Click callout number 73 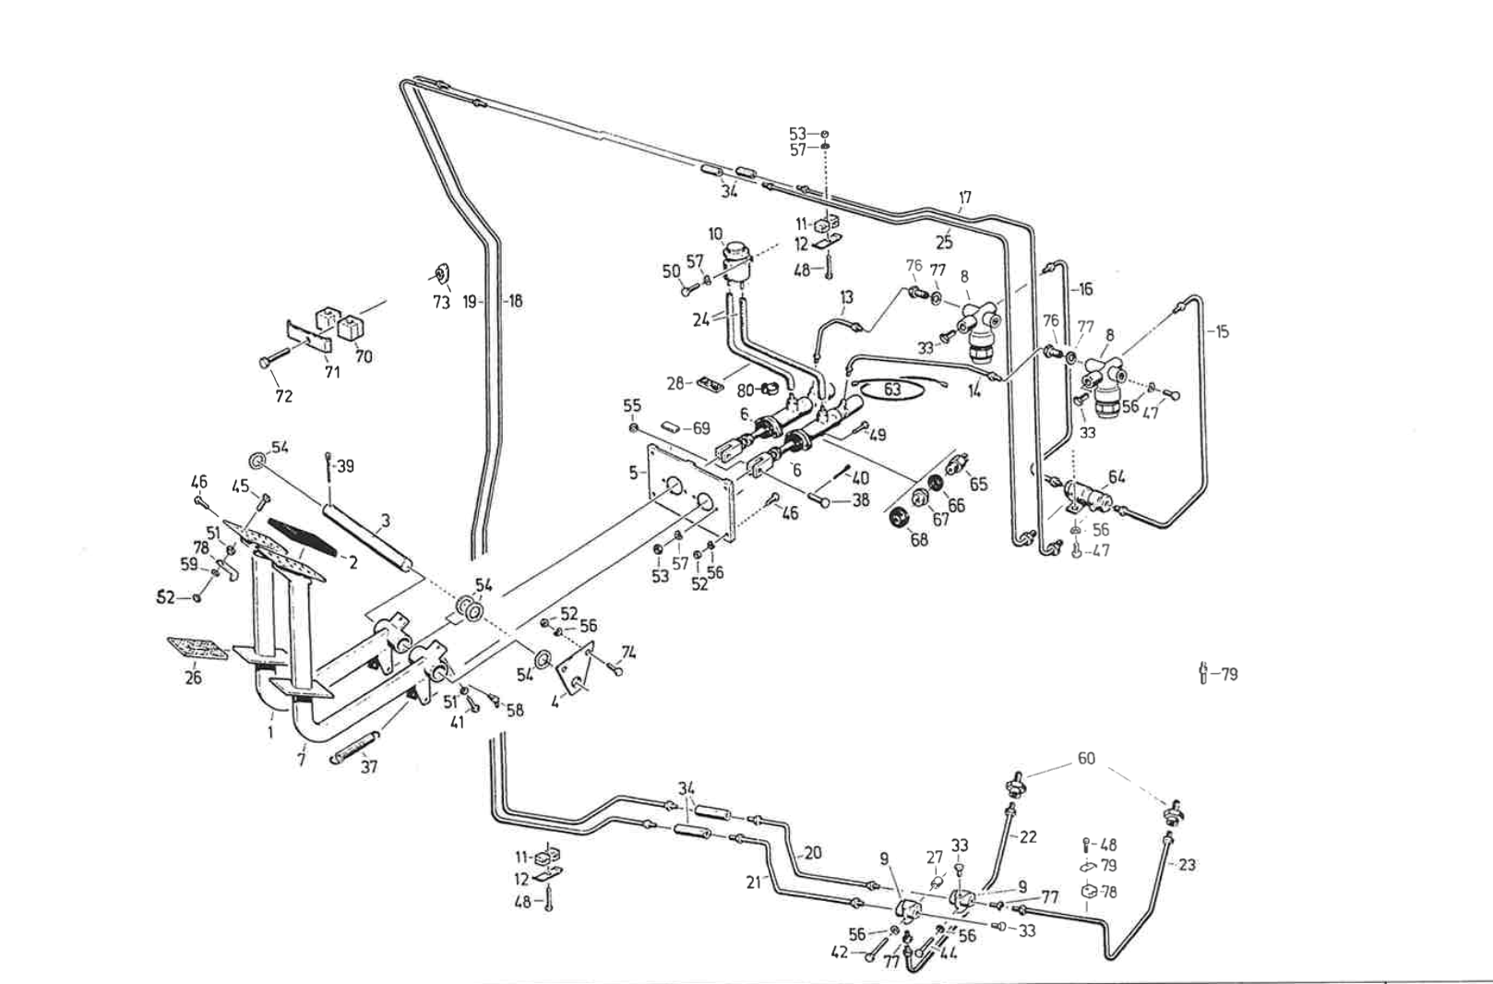(x=441, y=303)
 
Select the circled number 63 (x=891, y=390)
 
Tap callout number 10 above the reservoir (x=716, y=234)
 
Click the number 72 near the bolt (x=283, y=396)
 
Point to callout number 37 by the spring (x=368, y=767)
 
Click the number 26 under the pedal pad (x=194, y=678)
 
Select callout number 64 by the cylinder (x=1117, y=477)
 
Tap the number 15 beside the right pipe (x=1222, y=331)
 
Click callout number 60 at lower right (x=1086, y=758)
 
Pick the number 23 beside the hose (x=1187, y=865)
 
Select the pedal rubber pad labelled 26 (x=197, y=648)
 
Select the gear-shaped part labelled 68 (x=894, y=517)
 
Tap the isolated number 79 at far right (x=1228, y=675)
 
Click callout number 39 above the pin (x=344, y=466)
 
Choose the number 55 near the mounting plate (x=632, y=406)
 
